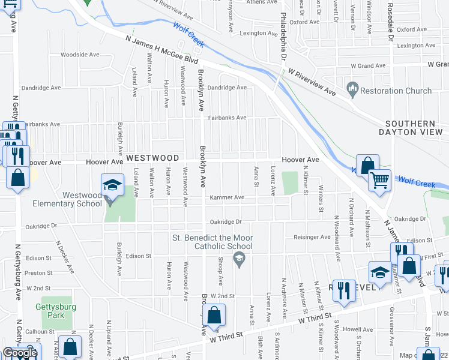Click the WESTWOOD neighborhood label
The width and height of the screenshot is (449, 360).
point(152,158)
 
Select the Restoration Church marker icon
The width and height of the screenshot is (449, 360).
point(352,91)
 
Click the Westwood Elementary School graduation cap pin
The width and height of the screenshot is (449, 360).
point(112,185)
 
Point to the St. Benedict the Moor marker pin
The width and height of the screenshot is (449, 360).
point(240,259)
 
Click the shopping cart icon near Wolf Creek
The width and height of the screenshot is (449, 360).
point(379,179)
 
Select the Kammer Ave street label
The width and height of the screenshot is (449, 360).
point(226,197)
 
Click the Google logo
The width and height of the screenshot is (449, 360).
point(20,353)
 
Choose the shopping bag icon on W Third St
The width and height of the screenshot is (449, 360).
point(214,316)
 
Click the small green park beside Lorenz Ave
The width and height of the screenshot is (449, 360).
point(290,182)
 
